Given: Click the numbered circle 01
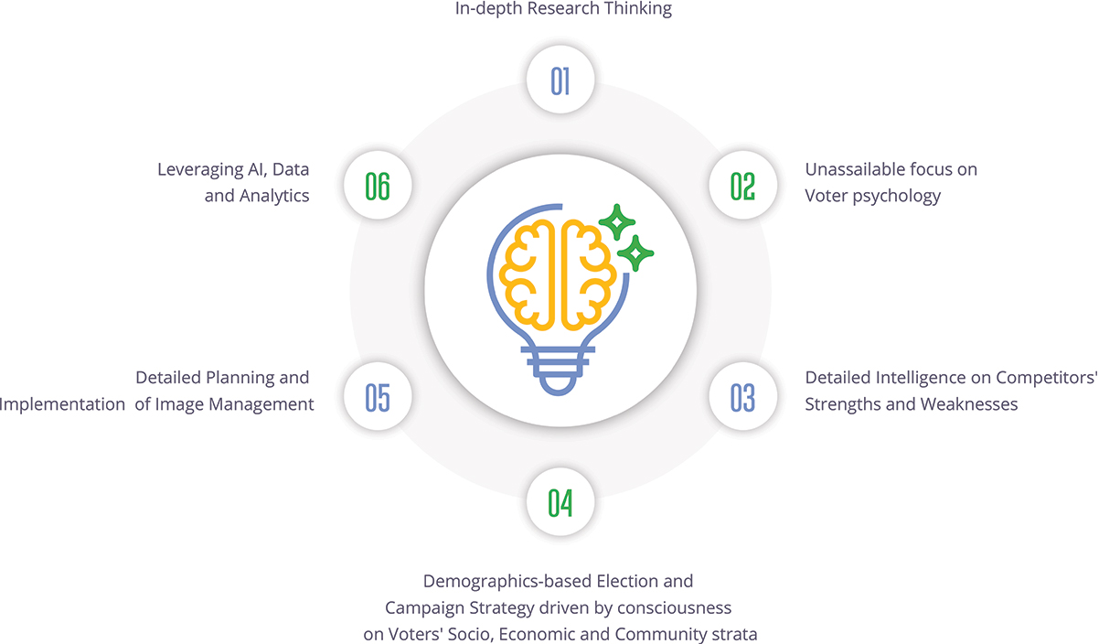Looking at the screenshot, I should (560, 80).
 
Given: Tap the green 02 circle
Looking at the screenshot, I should (742, 186).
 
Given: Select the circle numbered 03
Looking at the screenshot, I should (742, 398).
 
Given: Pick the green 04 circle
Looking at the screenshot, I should (560, 502).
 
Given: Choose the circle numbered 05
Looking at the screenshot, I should (378, 398).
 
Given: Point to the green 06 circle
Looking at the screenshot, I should (378, 186).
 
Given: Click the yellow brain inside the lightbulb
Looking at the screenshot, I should (560, 274).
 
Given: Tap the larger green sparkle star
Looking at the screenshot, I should (635, 252).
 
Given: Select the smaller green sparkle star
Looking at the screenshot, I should (616, 221).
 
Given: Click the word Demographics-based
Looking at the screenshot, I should (507, 581).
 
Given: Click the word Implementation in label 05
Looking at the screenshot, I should (62, 404).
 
